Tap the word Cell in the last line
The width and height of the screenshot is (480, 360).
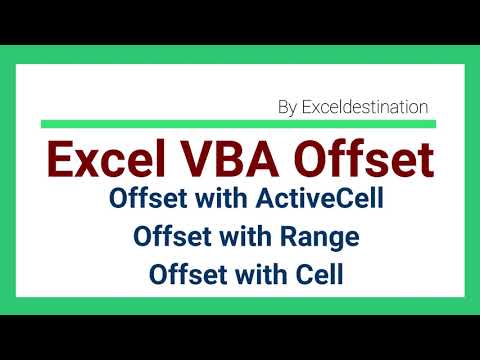[317, 272]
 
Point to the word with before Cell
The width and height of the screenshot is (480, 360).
[260, 272]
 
